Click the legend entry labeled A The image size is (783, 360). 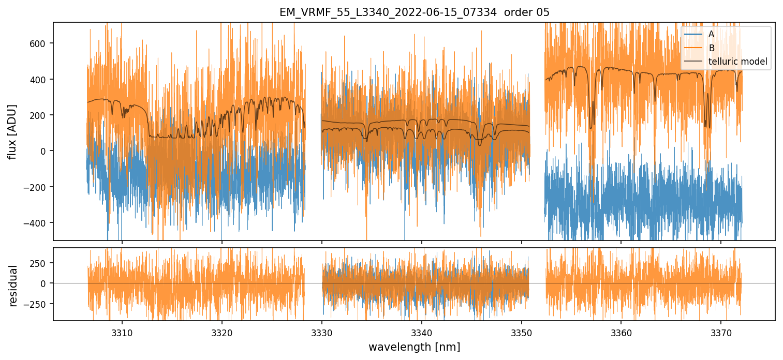(x=711, y=35)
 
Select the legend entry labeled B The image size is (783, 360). (x=711, y=49)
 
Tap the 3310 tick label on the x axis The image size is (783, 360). (x=122, y=332)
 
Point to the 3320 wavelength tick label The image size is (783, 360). (x=222, y=332)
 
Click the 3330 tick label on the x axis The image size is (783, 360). (x=322, y=332)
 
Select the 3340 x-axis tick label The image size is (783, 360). (x=422, y=332)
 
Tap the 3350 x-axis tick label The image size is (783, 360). (x=521, y=332)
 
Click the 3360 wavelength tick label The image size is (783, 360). (x=621, y=332)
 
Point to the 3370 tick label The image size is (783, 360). (x=721, y=332)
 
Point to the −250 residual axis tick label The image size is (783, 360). (x=36, y=304)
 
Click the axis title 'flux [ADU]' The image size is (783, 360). (x=12, y=131)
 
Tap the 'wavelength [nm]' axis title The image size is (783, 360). (x=414, y=347)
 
